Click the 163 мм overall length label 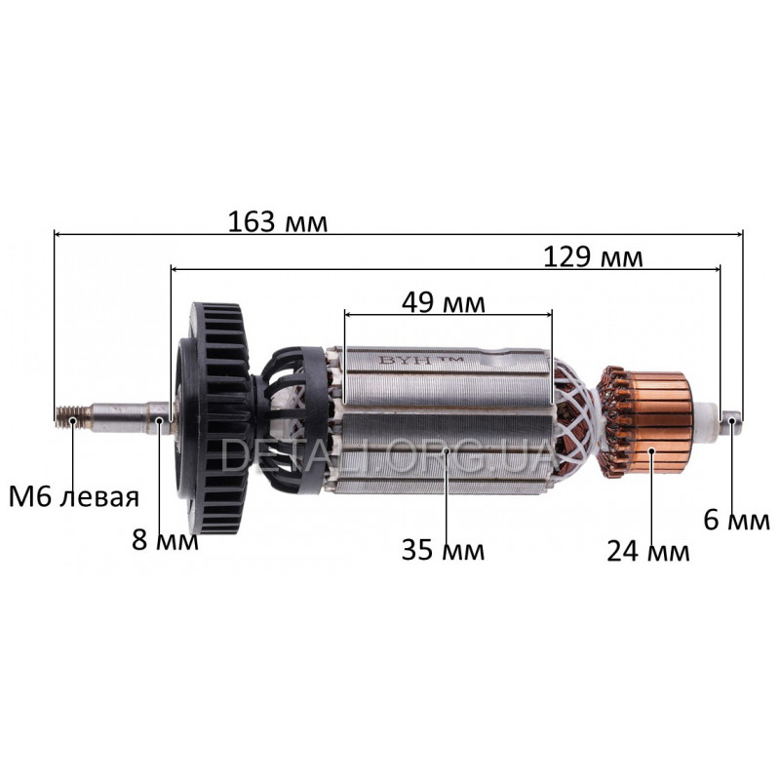click(278, 222)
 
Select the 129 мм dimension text click(593, 257)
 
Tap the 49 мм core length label click(444, 302)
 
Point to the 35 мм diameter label click(443, 550)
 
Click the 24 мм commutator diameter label click(648, 551)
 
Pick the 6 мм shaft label click(737, 521)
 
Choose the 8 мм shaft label click(165, 540)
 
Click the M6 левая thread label click(74, 497)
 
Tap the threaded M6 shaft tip click(73, 418)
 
